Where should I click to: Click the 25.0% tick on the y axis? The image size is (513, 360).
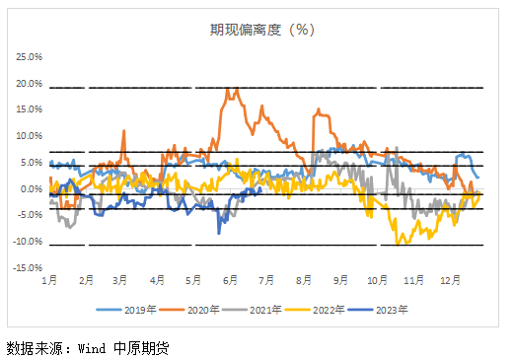29,56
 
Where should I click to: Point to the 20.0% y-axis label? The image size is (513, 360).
29,83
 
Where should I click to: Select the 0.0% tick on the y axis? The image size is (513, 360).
31,188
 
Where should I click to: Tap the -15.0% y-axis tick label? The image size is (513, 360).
27,267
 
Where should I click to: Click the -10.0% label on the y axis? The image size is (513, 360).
27,242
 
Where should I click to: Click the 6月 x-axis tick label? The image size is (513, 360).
233,281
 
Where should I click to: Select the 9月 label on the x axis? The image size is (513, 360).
341,281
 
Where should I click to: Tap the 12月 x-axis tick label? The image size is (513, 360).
450,281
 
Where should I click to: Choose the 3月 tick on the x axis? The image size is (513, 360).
122,281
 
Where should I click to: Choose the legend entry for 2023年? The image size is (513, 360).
393,310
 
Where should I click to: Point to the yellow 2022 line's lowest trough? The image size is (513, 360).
399,243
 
